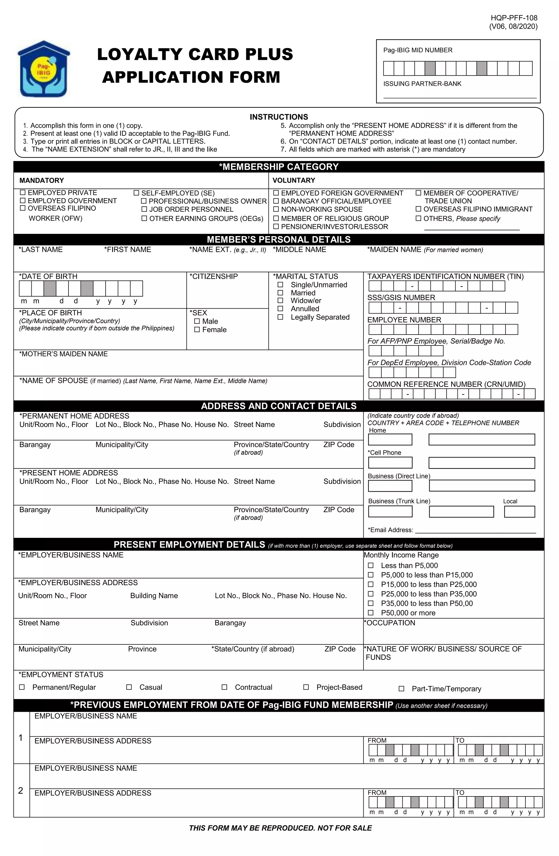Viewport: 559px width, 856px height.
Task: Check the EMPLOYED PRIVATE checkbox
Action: coord(23,192)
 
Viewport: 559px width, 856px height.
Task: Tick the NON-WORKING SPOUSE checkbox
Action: coord(276,209)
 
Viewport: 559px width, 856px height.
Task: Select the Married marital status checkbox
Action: coord(280,293)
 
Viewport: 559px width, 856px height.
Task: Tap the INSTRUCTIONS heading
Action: coord(279,117)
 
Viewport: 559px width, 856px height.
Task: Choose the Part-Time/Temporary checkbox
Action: coord(402,688)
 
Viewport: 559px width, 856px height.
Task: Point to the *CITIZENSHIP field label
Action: coord(214,276)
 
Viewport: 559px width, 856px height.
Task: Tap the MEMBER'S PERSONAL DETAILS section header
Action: coord(279,239)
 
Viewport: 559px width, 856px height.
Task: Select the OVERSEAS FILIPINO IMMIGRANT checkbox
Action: coord(418,209)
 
